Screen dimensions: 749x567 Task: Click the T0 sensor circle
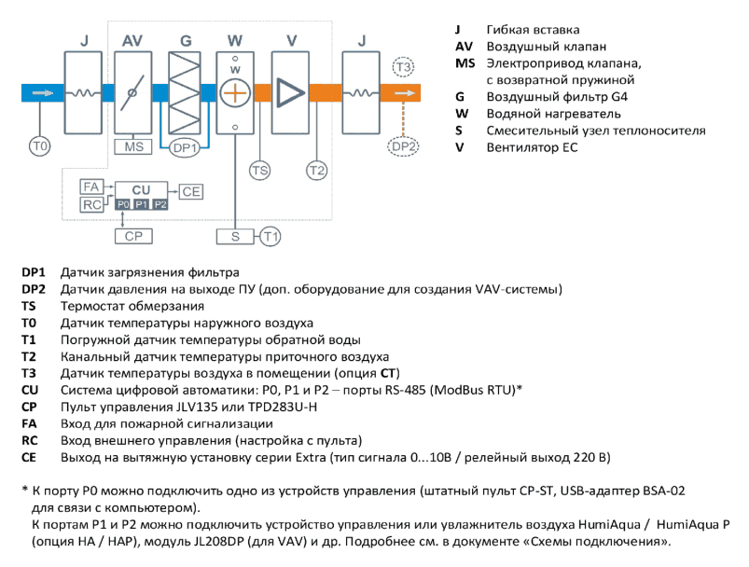40,145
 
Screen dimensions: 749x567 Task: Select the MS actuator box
133,146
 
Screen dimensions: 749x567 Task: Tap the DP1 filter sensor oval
184,147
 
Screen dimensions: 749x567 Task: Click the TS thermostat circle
260,171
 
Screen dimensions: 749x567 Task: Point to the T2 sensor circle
317,171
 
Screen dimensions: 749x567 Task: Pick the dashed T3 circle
403,67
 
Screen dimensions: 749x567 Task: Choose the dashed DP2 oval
403,146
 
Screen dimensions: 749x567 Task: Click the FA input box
91,187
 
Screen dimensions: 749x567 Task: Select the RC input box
91,204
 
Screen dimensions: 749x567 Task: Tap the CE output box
191,191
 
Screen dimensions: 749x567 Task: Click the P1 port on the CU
141,204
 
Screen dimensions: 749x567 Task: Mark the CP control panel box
133,236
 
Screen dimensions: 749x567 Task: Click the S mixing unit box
235,237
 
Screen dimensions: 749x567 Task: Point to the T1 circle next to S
270,237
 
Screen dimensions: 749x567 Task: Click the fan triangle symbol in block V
289,92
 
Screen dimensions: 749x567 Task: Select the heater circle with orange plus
235,92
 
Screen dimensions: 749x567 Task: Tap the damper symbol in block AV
132,92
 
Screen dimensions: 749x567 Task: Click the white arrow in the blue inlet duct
43,92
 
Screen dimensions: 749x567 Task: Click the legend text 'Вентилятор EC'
532,147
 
